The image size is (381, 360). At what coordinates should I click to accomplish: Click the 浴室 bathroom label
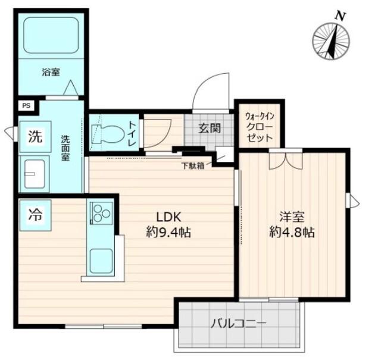(50, 73)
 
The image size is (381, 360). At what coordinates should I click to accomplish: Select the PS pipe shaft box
(27, 107)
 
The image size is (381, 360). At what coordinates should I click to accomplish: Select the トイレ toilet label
(132, 133)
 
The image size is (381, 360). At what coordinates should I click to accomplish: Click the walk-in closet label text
(259, 127)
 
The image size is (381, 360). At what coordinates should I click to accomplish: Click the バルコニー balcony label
(239, 324)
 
